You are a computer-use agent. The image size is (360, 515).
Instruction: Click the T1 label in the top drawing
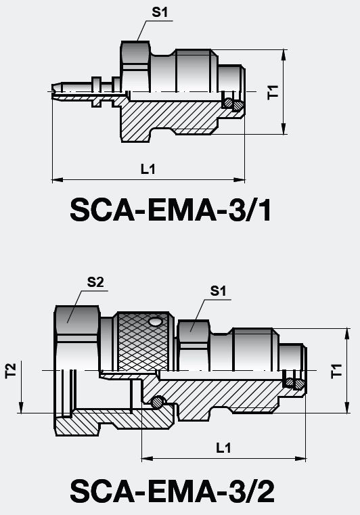coord(273,92)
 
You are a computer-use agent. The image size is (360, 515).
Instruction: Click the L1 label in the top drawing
coord(148,170)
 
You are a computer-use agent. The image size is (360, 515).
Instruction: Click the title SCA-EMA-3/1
coord(171,211)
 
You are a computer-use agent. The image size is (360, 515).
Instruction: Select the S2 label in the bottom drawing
coord(95,283)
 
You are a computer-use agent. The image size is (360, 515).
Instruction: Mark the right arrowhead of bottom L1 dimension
coord(302,458)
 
